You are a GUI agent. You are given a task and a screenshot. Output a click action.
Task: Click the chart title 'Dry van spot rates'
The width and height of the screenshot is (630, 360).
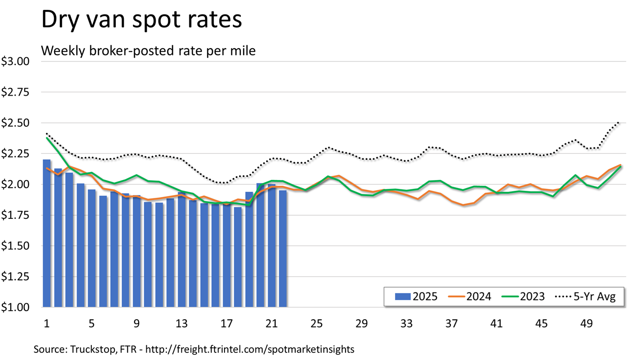(x=142, y=21)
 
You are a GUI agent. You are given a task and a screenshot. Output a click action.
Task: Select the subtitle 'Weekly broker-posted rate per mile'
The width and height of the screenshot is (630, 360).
(x=149, y=51)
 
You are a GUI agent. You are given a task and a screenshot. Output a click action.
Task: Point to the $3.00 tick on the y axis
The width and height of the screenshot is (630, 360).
(x=15, y=61)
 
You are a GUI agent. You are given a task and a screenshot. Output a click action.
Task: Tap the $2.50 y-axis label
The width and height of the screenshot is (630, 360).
(x=15, y=123)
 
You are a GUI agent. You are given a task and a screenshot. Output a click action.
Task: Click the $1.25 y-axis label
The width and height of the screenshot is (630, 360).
(x=15, y=277)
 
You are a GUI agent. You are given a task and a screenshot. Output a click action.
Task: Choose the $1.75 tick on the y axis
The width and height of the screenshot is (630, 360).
(x=15, y=215)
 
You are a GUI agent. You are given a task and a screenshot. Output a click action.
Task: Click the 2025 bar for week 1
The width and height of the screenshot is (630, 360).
(x=47, y=234)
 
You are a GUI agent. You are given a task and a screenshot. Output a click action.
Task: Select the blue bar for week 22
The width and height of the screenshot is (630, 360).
(x=283, y=248)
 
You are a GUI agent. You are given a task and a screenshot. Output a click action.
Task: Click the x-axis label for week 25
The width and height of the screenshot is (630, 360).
(x=316, y=323)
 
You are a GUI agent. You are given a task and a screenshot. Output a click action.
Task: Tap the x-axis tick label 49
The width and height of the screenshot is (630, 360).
(x=586, y=323)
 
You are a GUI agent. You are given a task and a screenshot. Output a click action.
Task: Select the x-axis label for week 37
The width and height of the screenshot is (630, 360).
(x=451, y=323)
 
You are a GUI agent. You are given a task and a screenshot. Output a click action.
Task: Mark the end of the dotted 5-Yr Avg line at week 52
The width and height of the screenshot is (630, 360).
(x=620, y=122)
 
